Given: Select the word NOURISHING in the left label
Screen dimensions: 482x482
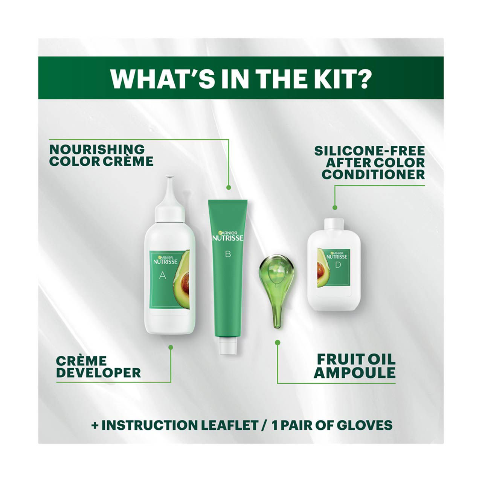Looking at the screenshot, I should point(97,149).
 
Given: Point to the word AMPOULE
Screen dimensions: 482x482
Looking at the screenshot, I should point(355,373).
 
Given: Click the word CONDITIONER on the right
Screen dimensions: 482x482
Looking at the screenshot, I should point(373,174).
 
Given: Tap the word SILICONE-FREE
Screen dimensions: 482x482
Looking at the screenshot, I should point(369,151).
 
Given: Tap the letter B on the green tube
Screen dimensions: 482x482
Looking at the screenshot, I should point(227,254).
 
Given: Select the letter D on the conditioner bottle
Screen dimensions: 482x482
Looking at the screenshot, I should point(337,265).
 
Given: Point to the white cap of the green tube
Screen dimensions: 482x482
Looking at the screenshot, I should point(227,346).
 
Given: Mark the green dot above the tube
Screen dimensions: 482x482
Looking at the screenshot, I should point(228,187).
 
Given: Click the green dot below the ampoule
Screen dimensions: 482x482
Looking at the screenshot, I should point(278,343).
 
